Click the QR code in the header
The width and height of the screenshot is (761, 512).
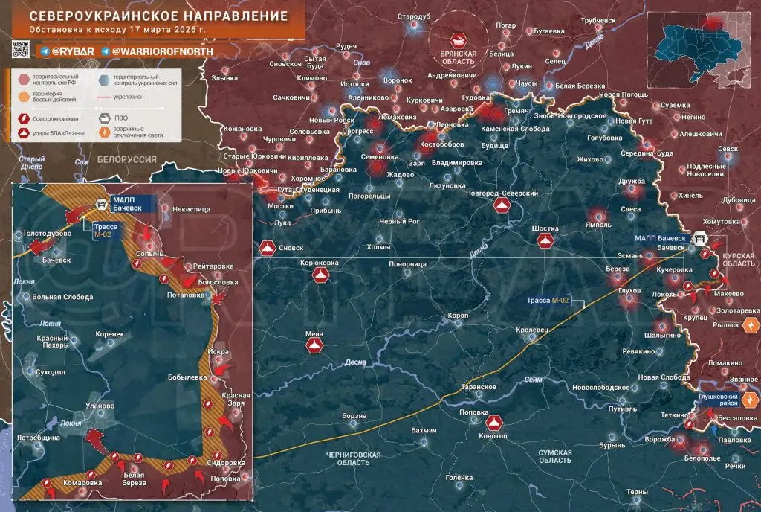pyautogui.click(x=20, y=50)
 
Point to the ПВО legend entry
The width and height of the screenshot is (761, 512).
pyautogui.click(x=119, y=117)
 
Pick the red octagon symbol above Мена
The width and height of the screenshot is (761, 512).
pyautogui.click(x=313, y=347)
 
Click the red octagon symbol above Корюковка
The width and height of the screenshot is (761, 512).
pyautogui.click(x=320, y=276)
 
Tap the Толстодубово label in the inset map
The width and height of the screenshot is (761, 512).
pyautogui.click(x=48, y=234)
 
